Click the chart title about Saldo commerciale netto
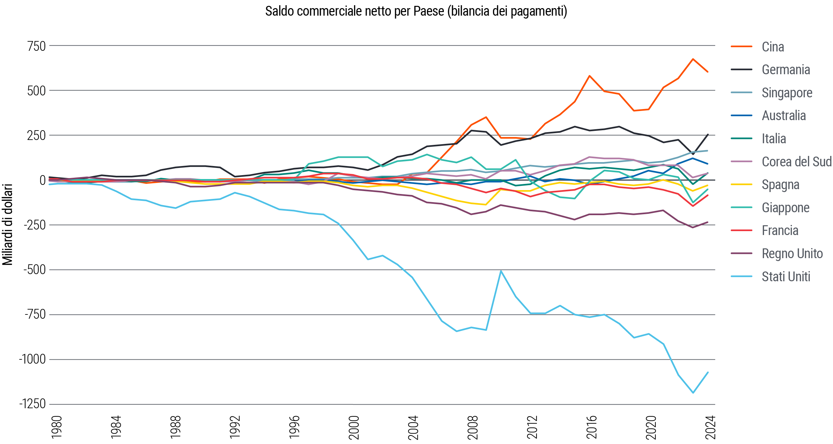click(416, 11)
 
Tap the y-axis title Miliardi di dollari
click(8, 225)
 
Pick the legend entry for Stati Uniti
click(785, 277)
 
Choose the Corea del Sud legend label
click(796, 162)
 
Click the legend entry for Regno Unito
click(792, 254)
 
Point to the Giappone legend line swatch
click(741, 207)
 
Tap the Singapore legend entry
click(786, 93)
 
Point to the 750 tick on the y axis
click(36, 46)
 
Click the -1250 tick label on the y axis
click(33, 404)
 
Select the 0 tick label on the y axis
click(42, 180)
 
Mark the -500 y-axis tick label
click(34, 270)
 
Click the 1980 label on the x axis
click(57, 427)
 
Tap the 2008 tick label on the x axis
click(472, 427)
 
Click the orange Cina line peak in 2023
click(693, 59)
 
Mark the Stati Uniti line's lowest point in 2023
click(693, 393)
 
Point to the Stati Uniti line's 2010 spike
click(501, 271)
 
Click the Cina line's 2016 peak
click(590, 76)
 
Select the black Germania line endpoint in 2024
click(707, 134)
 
